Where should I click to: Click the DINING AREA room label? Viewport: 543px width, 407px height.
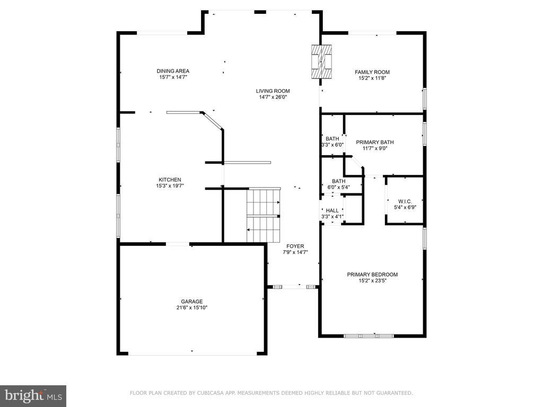173,72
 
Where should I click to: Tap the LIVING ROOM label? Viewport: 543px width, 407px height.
273,91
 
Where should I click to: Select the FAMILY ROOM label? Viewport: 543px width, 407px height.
372,72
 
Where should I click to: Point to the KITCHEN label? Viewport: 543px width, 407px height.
170,180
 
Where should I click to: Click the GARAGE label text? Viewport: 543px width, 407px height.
192,302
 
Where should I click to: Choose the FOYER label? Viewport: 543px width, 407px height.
295,246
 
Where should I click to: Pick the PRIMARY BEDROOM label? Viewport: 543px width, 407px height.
372,275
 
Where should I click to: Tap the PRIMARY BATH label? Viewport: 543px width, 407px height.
375,142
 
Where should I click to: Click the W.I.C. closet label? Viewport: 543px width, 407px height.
405,201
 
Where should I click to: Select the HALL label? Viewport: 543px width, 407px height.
332,210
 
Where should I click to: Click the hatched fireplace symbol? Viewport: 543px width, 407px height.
321,62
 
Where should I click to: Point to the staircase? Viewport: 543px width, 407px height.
263,215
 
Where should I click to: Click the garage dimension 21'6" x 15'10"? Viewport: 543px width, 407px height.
192,308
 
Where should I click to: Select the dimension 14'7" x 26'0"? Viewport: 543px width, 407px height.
273,98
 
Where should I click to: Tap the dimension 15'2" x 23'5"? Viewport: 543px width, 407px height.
372,281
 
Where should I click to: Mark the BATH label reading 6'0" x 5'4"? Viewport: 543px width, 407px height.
339,181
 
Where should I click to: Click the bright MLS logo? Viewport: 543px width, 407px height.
33,396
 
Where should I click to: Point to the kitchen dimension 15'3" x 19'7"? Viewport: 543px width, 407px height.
170,186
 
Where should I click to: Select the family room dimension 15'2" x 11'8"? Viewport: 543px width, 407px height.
372,78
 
